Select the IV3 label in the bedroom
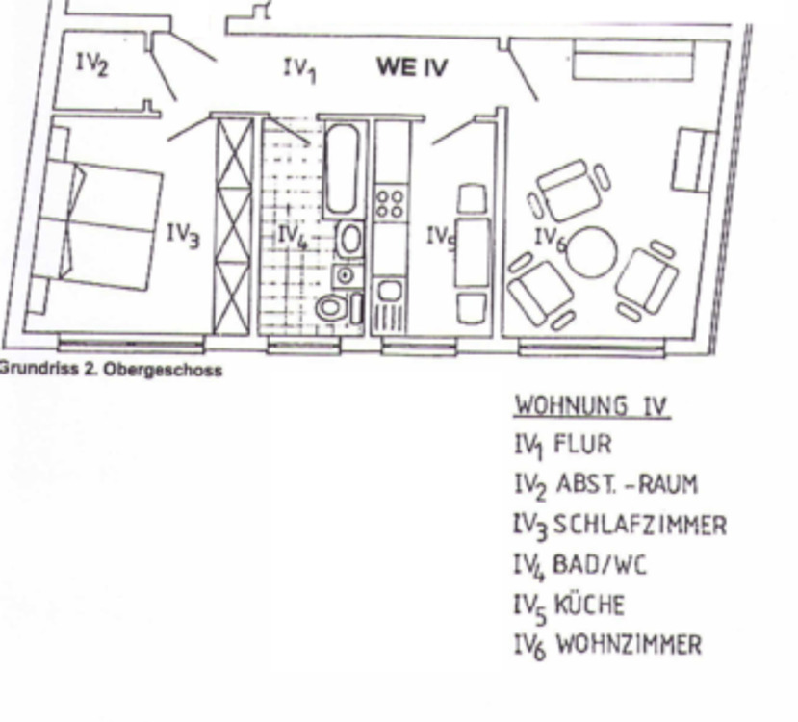(x=183, y=234)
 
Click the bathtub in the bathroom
(x=342, y=169)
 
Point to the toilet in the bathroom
(x=331, y=308)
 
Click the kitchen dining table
(x=472, y=252)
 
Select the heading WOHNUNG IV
(x=592, y=404)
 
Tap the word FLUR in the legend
(x=581, y=446)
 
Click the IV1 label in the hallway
(x=299, y=68)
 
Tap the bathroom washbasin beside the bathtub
(x=350, y=239)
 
